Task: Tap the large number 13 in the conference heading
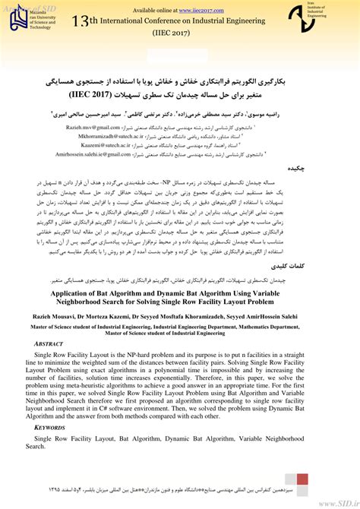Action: pyautogui.click(x=81, y=23)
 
